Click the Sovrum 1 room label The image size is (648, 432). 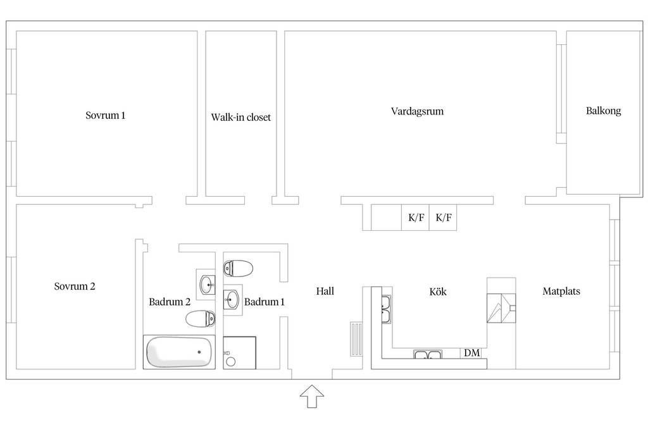106,115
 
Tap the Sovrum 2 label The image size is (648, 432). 75,287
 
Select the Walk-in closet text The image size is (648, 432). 241,117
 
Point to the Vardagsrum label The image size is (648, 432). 418,111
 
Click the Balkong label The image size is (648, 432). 603,111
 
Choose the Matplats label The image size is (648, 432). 561,291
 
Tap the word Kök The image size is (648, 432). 438,292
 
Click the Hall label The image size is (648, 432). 325,291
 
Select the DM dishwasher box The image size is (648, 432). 472,353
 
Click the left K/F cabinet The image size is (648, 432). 415,217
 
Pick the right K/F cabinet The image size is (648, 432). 443,217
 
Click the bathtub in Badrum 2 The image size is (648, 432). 179,352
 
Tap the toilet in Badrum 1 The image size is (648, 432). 238,268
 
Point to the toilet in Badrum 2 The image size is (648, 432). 201,319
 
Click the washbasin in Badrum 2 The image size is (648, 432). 206,284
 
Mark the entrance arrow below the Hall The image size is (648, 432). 312,397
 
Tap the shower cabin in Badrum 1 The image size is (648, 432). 239,353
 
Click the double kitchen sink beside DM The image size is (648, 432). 428,354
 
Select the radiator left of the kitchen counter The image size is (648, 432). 356,339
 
